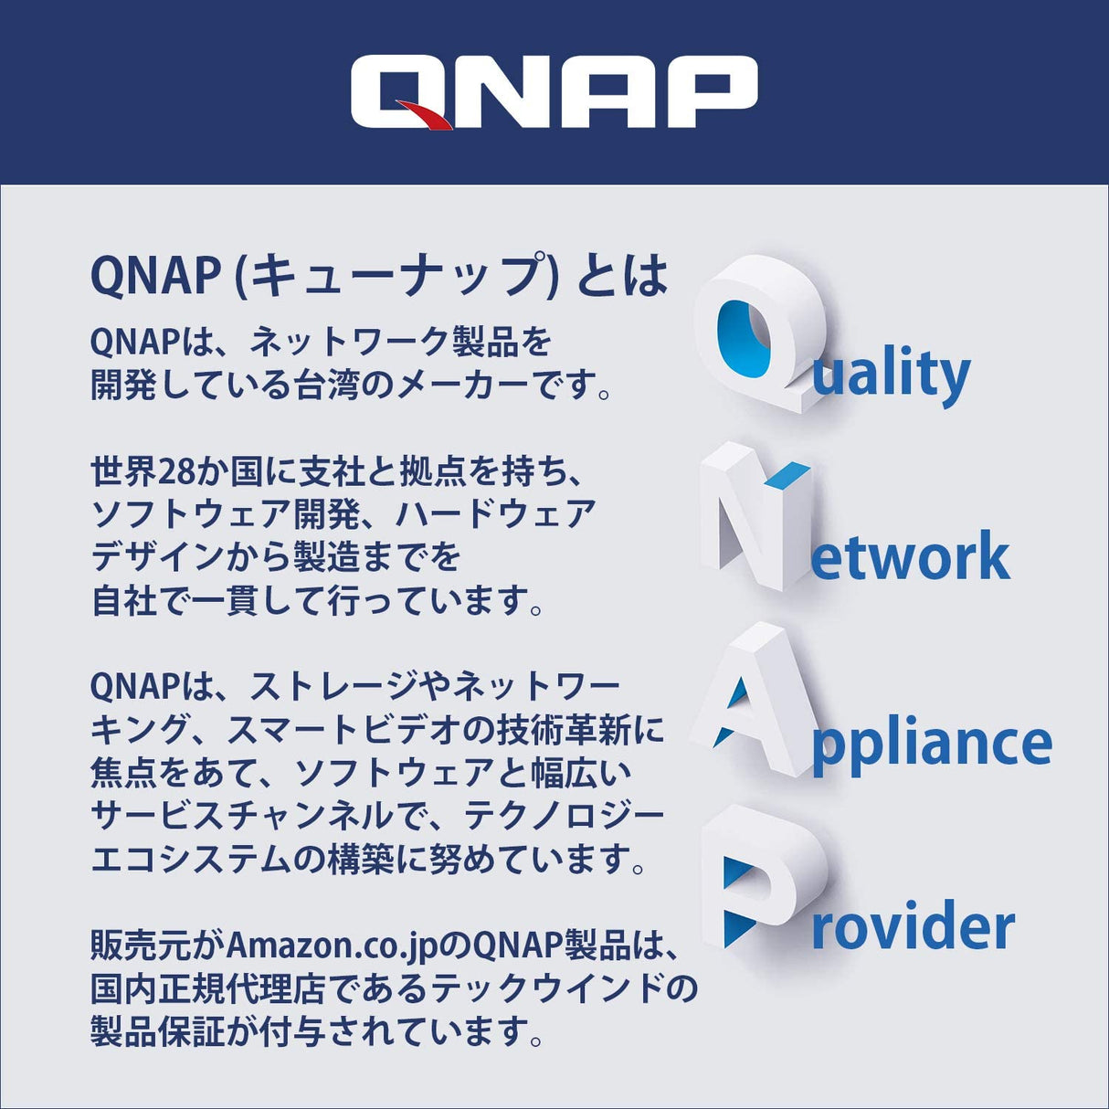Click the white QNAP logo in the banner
pyautogui.click(x=554, y=91)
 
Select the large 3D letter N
pyautogui.click(x=755, y=515)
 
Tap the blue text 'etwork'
pyautogui.click(x=910, y=557)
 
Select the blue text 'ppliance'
pyautogui.click(x=932, y=745)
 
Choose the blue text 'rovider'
pyautogui.click(x=913, y=926)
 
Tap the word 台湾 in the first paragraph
pyautogui.click(x=327, y=385)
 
